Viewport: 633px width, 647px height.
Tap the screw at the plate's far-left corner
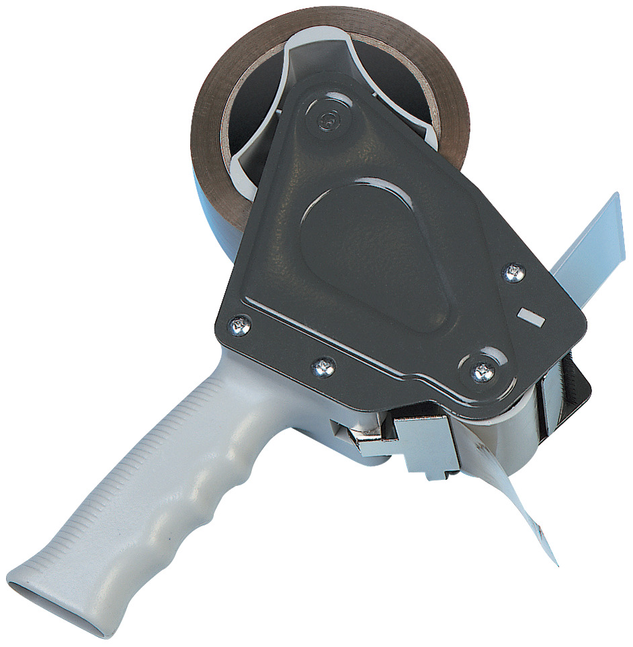pyautogui.click(x=239, y=326)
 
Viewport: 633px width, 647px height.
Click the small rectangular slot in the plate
pyautogui.click(x=530, y=317)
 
